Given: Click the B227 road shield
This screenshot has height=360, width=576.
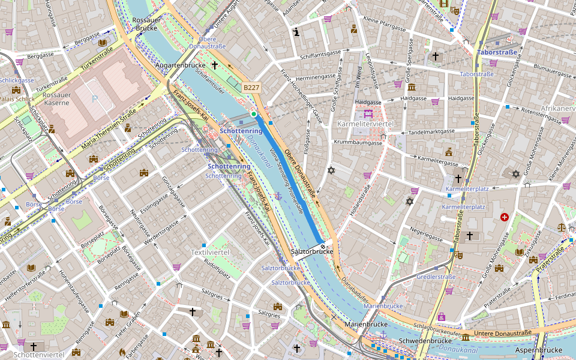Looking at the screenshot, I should pos(251,88).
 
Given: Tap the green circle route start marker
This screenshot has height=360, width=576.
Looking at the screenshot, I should pos(254,113).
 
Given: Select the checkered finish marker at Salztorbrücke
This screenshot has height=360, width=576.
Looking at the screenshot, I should pos(323,245).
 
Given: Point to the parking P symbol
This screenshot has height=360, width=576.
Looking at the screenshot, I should pos(94,99).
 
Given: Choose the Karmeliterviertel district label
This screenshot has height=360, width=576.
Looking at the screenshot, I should pos(365,124).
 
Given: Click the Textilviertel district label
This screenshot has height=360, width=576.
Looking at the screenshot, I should pos(209,252).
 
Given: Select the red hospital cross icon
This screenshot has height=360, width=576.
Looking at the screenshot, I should pos(504,217).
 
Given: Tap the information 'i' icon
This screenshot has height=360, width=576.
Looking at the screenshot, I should pos(296,32).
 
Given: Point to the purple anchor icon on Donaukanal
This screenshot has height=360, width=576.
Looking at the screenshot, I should pos(278,196).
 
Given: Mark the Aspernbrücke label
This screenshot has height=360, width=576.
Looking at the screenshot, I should pos(538,350).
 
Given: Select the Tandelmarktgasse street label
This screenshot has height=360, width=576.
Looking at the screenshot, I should pos(431,132).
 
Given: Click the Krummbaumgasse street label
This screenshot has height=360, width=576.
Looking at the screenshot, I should pos(358,143).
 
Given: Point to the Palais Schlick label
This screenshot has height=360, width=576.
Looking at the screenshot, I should pos(17,99).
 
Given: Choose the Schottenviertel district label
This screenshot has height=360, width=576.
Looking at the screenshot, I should pos(39,355).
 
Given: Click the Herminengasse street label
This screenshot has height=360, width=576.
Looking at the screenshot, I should pos(312,76).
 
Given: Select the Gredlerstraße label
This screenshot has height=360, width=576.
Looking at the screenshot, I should pos(436,277).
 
